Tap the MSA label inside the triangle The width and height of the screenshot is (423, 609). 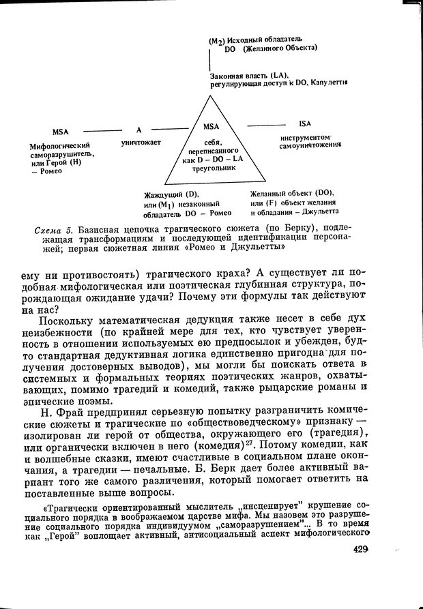211,126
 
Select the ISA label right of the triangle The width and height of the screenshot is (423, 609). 304,124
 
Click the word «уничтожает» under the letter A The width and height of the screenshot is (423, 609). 140,143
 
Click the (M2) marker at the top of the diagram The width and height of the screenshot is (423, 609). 216,41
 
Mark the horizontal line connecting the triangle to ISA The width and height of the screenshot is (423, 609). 266,124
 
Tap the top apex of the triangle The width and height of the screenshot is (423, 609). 211,95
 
